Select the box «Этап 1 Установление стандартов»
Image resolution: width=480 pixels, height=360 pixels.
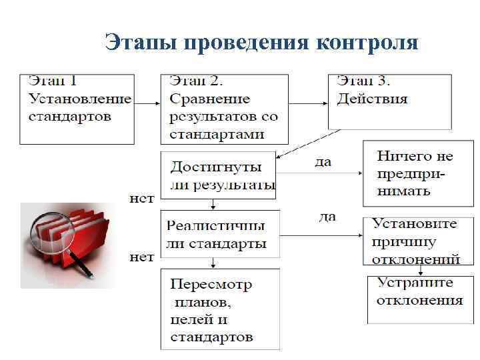point(77,109)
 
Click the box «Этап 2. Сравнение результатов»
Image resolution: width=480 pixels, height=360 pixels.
point(224,109)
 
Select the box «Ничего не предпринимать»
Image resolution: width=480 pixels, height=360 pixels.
point(408,173)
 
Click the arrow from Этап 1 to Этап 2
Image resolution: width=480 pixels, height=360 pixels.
point(147,104)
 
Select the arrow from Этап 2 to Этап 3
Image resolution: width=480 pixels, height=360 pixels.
point(309,104)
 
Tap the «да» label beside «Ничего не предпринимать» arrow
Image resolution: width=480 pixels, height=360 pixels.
point(322,162)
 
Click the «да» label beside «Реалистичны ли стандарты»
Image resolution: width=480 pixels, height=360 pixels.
point(327,217)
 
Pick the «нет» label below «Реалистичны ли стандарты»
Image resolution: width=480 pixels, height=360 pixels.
point(141,257)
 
